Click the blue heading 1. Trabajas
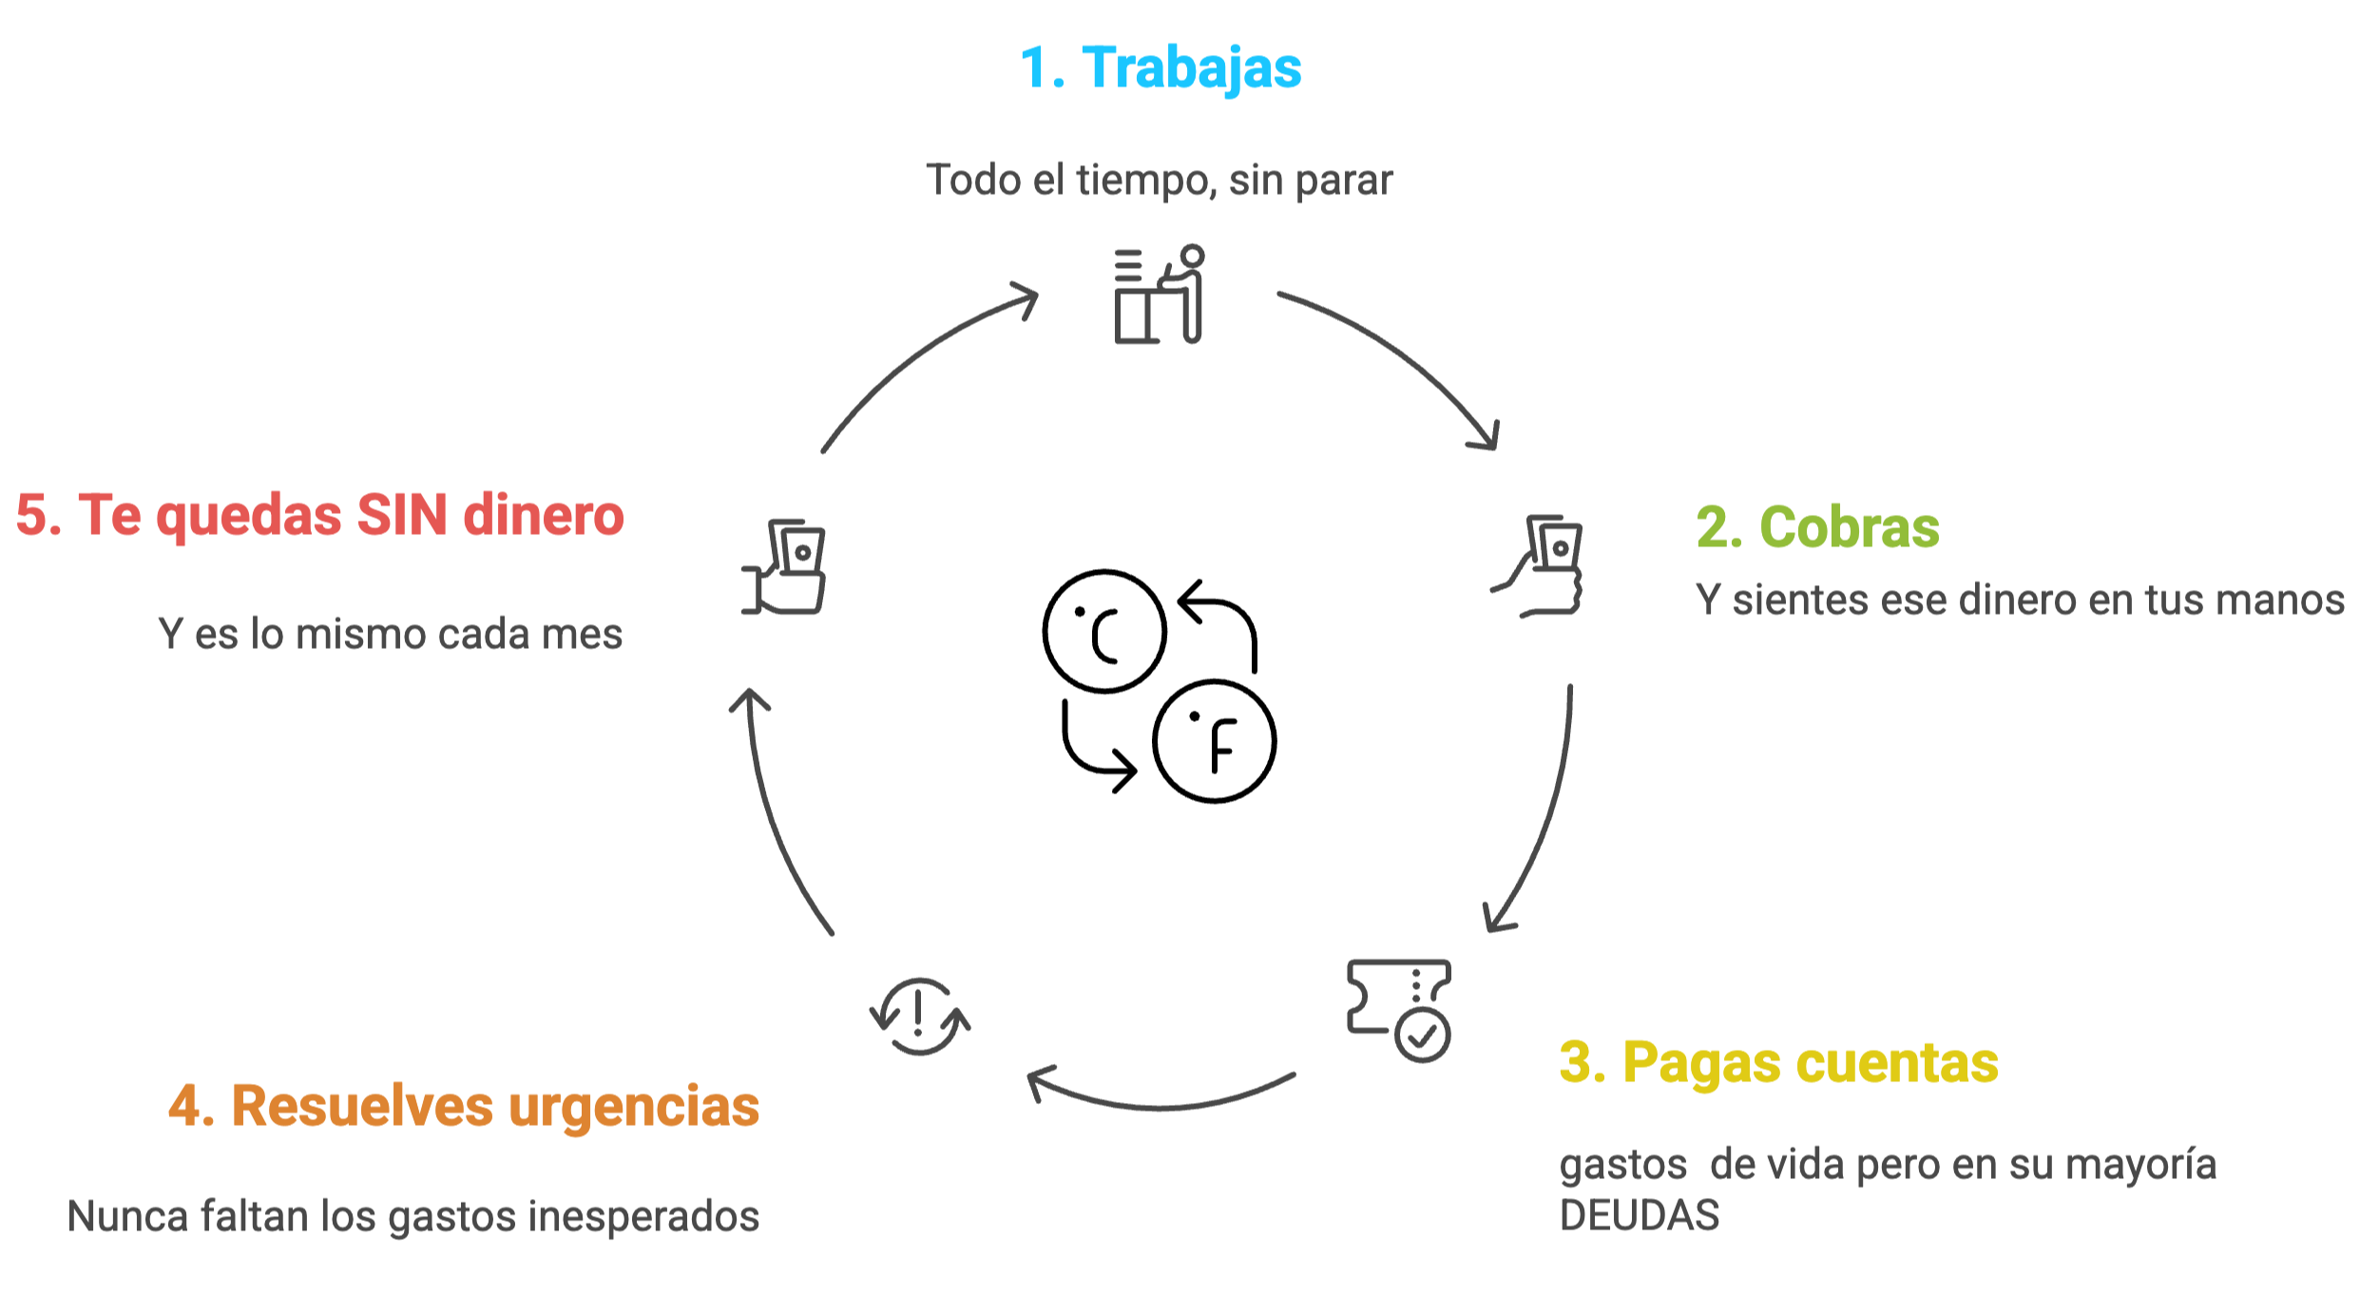pos(1160,68)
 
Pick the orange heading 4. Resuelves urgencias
pos(464,1106)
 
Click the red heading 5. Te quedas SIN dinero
pos(319,515)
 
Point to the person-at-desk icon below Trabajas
pos(1159,295)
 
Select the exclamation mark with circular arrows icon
pos(919,1016)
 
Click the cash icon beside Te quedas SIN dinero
pos(784,566)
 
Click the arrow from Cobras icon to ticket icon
pos(1544,817)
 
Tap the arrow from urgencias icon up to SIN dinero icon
pos(775,817)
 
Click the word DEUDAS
pos(1640,1215)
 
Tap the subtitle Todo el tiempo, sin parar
pos(1160,181)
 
